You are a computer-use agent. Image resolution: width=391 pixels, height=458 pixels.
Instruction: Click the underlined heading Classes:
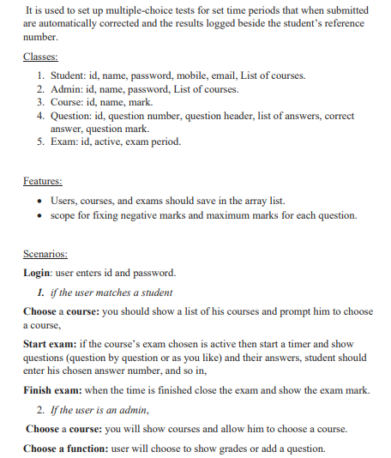40,57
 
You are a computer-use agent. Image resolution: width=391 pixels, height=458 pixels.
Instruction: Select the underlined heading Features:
43,181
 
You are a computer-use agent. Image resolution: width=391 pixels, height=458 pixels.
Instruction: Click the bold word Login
39,273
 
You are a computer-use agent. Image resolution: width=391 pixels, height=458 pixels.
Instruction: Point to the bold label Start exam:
54,344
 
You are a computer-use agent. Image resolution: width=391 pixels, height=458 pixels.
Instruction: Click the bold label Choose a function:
67,449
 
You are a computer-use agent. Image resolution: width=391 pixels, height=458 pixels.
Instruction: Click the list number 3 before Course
41,102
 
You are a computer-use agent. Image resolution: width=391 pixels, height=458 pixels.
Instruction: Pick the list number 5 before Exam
41,142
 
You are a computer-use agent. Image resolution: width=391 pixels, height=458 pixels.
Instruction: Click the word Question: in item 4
73,115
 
